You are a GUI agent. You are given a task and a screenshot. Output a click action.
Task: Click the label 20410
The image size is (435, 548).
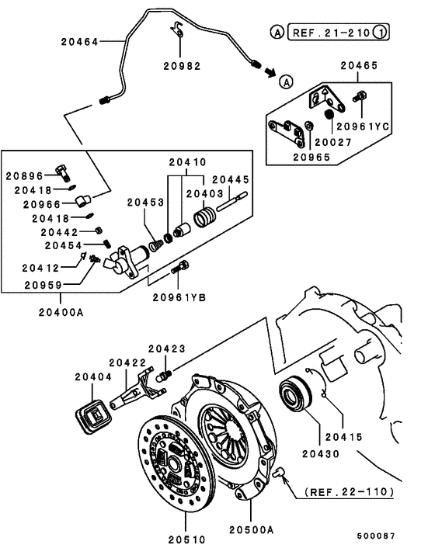187,163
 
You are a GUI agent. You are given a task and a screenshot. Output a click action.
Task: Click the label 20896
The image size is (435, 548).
26,175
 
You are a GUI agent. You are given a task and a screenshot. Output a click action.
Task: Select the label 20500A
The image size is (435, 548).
251,529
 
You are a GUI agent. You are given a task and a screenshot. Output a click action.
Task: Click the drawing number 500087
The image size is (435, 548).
376,536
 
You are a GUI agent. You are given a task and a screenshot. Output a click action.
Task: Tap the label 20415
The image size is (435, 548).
344,436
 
